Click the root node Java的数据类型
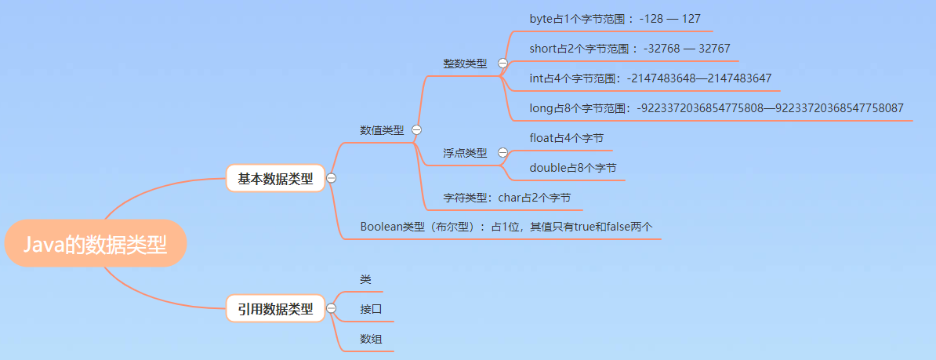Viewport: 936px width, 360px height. pyautogui.click(x=95, y=245)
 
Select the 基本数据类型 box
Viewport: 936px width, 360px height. pyautogui.click(x=275, y=179)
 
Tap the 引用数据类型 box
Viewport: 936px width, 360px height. pyautogui.click(x=275, y=309)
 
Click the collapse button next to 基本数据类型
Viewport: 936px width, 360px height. pyautogui.click(x=332, y=179)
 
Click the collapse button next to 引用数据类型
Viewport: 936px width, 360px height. pyautogui.click(x=332, y=309)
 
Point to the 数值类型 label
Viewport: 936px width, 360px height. pyautogui.click(x=382, y=130)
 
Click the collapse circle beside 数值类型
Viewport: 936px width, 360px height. pyautogui.click(x=417, y=130)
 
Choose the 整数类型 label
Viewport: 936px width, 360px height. pyautogui.click(x=465, y=64)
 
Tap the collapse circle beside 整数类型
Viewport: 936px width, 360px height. pyautogui.click(x=502, y=64)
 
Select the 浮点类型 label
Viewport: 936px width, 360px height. pyautogui.click(x=465, y=153)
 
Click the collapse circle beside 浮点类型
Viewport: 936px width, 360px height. pyautogui.click(x=502, y=153)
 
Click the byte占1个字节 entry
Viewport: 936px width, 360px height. pyautogui.click(x=610, y=18)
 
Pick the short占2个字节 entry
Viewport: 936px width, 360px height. pyautogui.click(x=629, y=49)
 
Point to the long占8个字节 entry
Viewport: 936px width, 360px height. pyautogui.click(x=717, y=108)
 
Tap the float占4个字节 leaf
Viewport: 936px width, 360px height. pyautogui.click(x=567, y=138)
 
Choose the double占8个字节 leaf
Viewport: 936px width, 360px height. pyautogui.click(x=573, y=168)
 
